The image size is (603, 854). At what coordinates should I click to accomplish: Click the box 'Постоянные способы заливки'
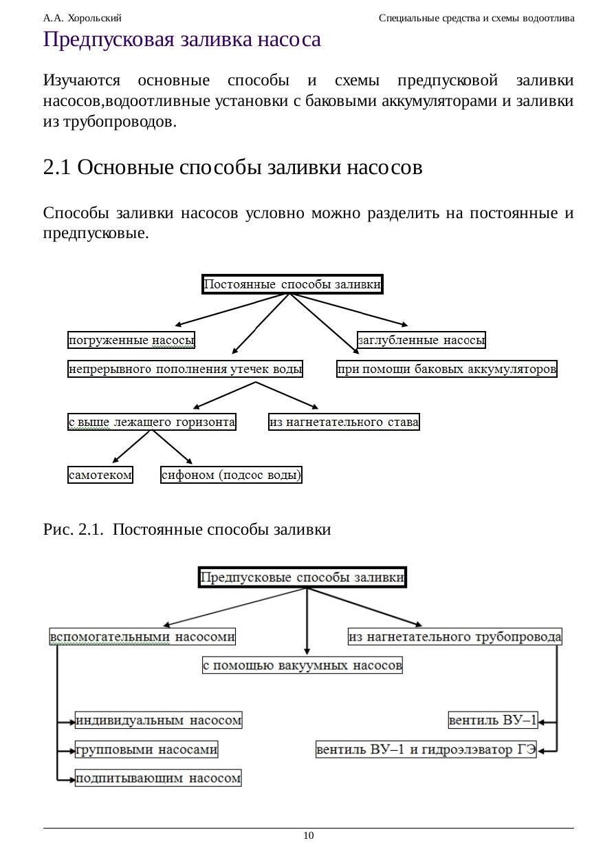click(x=292, y=284)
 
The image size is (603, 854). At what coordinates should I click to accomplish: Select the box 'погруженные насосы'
click(x=131, y=340)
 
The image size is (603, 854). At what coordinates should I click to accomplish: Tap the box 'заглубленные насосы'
click(x=421, y=340)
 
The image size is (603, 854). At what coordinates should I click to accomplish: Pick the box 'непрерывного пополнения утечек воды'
click(x=185, y=370)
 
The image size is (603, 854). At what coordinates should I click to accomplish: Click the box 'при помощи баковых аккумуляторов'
click(x=446, y=370)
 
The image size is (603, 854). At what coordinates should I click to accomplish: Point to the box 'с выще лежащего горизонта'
click(x=151, y=422)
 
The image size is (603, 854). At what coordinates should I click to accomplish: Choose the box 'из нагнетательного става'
click(x=344, y=422)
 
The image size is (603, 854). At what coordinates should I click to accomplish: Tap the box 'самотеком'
click(x=100, y=475)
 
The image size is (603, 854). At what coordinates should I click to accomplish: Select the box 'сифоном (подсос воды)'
click(x=231, y=475)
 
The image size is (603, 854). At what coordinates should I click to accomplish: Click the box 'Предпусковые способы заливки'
click(x=303, y=578)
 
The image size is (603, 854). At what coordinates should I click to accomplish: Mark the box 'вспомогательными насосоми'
click(x=143, y=637)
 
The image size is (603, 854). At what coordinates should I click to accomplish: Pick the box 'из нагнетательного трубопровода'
click(x=455, y=637)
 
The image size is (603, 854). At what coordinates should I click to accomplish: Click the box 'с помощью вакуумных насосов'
click(x=303, y=665)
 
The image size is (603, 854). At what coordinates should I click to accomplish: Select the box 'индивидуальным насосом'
click(x=159, y=720)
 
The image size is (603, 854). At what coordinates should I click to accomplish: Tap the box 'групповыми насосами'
click(x=146, y=749)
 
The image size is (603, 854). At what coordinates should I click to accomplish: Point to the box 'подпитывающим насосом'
click(x=159, y=778)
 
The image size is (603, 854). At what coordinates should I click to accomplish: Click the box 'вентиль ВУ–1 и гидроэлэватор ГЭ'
click(x=426, y=749)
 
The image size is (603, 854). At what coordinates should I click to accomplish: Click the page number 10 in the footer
click(x=309, y=835)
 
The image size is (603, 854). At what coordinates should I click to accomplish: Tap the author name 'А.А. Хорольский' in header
click(x=82, y=18)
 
